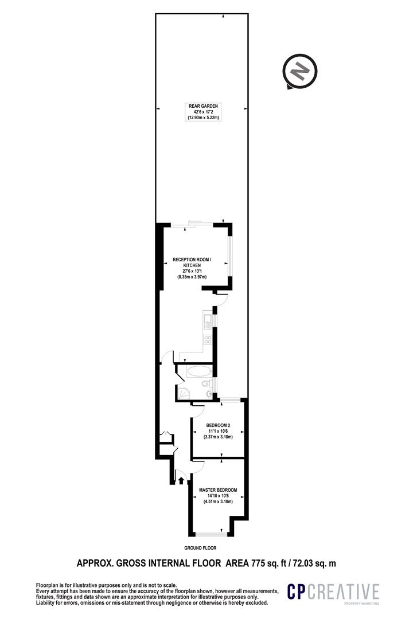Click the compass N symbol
[x=300, y=72]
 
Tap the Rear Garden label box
[x=203, y=112]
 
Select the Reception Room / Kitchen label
[x=192, y=268]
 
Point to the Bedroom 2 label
[x=218, y=431]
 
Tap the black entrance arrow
[x=181, y=480]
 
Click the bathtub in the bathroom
[x=199, y=371]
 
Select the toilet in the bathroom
[x=205, y=383]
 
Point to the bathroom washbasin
[x=209, y=394]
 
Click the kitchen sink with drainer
[x=207, y=320]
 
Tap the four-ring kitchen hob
[x=208, y=339]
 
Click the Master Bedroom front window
[x=212, y=534]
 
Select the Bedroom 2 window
[x=231, y=401]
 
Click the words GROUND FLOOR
[x=200, y=548]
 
